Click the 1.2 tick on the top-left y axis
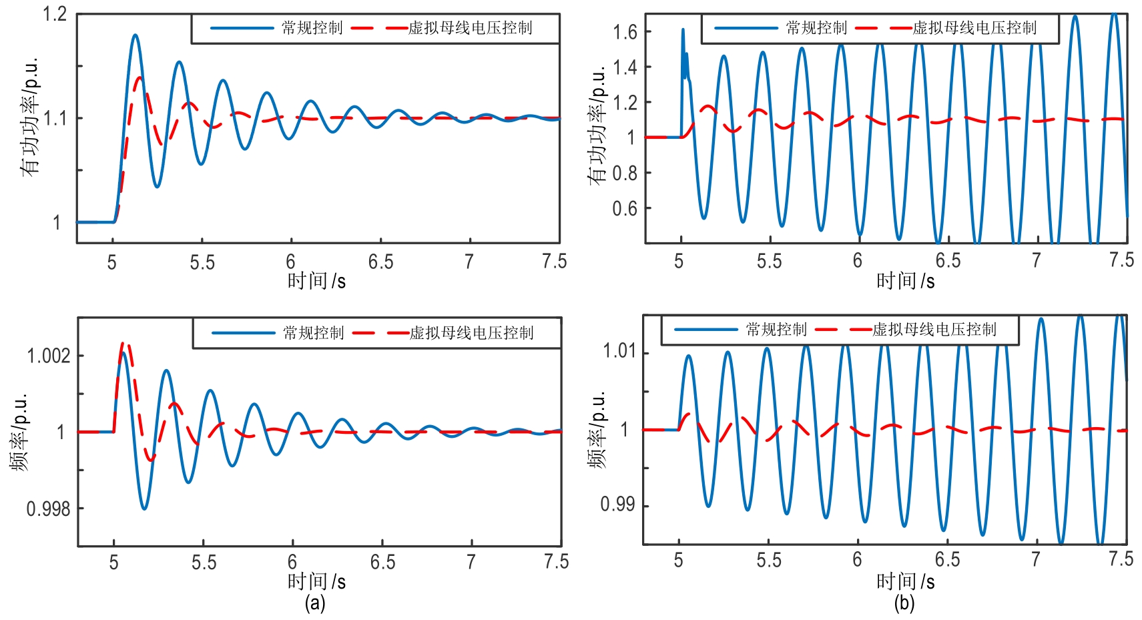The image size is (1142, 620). [55, 14]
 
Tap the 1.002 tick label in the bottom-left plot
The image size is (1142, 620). [48, 356]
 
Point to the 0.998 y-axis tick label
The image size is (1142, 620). [48, 509]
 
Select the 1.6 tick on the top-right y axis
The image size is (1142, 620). [625, 31]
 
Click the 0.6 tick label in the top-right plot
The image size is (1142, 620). [625, 208]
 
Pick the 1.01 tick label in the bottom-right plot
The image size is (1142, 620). [619, 351]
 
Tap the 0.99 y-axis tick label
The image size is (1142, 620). [617, 505]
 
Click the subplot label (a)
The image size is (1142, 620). [315, 603]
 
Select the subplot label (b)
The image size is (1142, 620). [904, 603]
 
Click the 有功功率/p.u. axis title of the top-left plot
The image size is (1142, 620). [30, 117]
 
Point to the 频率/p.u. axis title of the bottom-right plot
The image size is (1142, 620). [597, 430]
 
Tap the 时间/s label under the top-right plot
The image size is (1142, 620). [905, 281]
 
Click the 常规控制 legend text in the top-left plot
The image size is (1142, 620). [312, 28]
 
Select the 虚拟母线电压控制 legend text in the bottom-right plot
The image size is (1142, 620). [934, 330]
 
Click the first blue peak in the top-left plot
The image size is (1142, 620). [135, 35]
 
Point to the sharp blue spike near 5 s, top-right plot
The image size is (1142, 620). [683, 30]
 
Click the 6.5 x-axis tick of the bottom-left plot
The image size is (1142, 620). [382, 562]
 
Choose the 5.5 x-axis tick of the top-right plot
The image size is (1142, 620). [769, 261]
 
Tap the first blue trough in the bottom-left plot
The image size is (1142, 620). [144, 509]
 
